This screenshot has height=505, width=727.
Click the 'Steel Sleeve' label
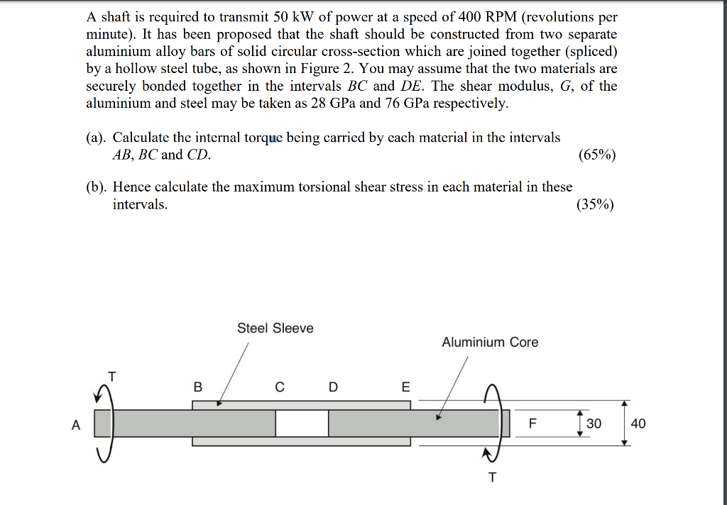pos(275,328)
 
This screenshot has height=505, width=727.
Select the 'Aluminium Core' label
pos(490,343)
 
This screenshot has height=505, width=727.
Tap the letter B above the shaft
pos(197,387)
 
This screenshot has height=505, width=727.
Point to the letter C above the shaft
pos(280,387)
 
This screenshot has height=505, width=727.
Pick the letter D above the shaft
pos(334,387)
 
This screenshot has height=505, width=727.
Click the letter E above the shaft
pos(405,387)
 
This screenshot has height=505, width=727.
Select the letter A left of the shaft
pos(76,425)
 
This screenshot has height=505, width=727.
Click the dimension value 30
pos(594,423)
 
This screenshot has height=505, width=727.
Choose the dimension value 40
pos(638,423)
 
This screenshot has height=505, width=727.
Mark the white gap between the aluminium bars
pos(302,423)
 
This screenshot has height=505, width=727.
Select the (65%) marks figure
pos(597,155)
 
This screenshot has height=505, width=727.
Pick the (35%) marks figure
pos(597,205)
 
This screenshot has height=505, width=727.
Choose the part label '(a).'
pos(97,138)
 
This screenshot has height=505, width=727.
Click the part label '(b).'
pos(97,187)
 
